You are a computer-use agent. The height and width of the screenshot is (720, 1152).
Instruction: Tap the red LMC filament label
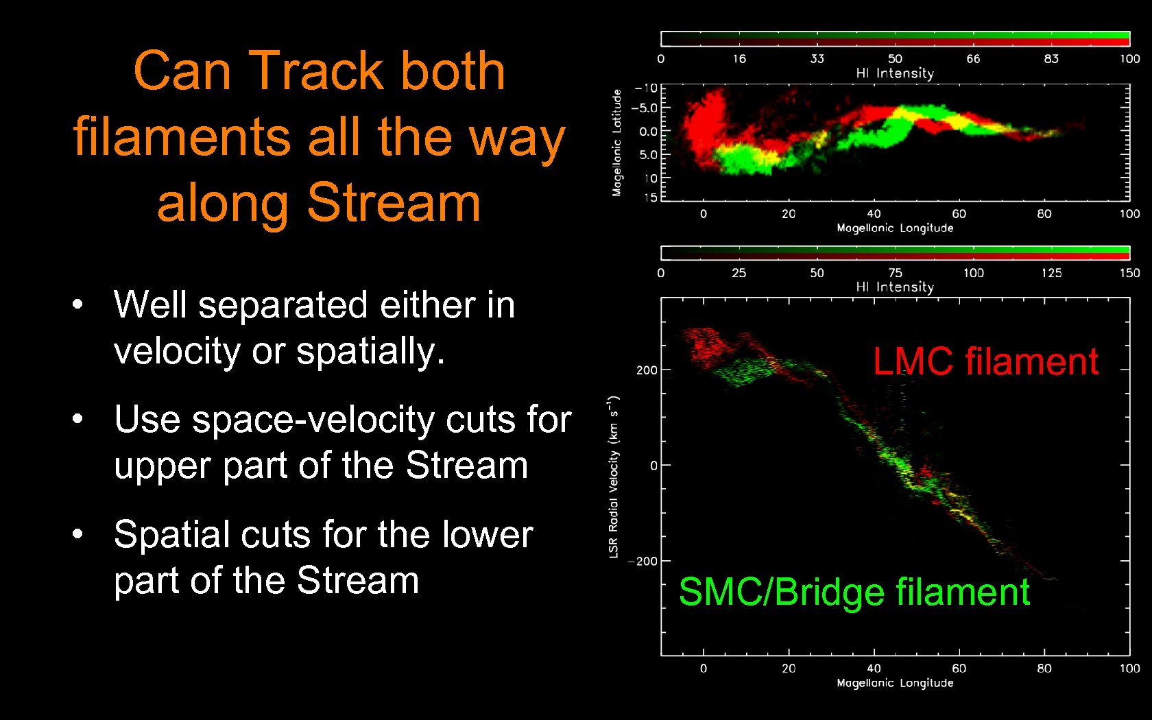[x=985, y=361]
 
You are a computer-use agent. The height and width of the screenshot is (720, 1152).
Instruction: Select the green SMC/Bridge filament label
[x=854, y=592]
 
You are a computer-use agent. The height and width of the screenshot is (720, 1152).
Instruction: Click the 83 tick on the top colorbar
[x=1051, y=59]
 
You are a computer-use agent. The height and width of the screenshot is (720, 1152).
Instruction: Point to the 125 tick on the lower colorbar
[x=1051, y=273]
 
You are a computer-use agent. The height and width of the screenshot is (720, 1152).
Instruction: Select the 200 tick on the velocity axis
[x=646, y=370]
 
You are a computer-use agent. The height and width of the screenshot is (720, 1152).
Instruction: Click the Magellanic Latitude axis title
[x=616, y=143]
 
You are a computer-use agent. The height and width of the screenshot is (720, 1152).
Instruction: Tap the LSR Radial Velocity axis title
[x=614, y=477]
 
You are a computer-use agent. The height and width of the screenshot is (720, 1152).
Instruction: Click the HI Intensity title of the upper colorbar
[x=894, y=73]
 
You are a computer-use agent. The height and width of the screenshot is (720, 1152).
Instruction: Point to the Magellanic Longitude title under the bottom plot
[x=894, y=683]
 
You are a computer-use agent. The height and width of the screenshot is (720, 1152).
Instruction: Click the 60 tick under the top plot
[x=959, y=214]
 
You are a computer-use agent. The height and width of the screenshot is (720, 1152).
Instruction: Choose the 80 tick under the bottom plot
[x=1044, y=669]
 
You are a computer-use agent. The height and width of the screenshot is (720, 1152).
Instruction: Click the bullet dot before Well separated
[x=77, y=304]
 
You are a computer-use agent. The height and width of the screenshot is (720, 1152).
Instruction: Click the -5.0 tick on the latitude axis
[x=644, y=108]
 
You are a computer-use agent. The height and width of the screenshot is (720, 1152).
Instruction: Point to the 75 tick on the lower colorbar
[x=895, y=273]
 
